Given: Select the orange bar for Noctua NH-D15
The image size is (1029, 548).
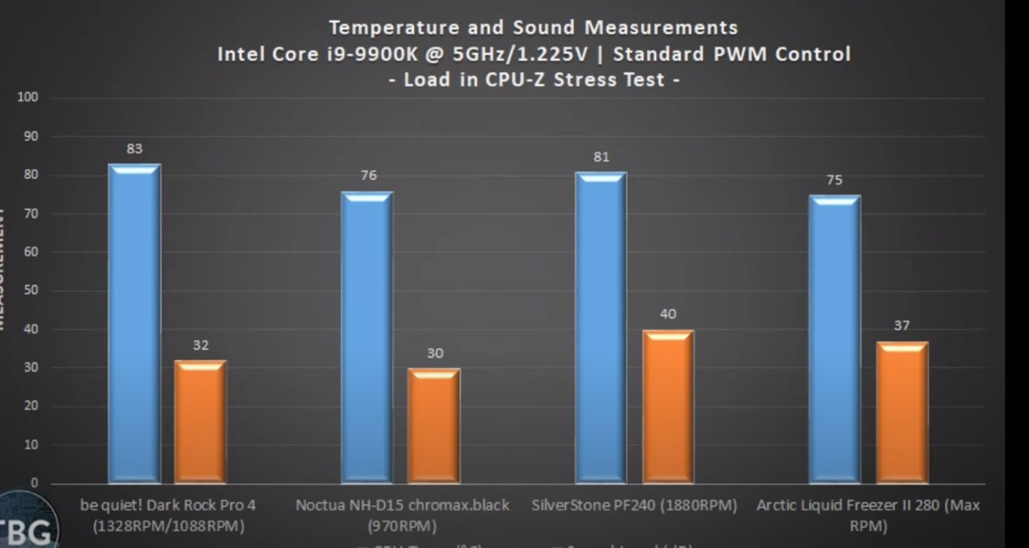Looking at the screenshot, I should tap(433, 426).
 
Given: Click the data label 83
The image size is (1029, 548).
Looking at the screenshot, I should tap(134, 149).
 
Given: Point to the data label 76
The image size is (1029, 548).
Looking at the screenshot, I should tap(368, 175).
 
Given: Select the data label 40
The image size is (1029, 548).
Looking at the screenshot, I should tap(668, 313).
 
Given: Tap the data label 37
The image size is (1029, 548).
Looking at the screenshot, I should tap(901, 325).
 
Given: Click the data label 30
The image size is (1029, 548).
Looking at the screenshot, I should tap(434, 353).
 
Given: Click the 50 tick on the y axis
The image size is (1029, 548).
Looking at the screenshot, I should tap(33, 290).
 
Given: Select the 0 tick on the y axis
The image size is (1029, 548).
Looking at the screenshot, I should tap(35, 483).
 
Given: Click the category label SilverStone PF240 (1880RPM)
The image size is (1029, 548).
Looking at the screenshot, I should tap(634, 505).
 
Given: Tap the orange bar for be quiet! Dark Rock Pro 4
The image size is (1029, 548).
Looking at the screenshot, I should tap(200, 422).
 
